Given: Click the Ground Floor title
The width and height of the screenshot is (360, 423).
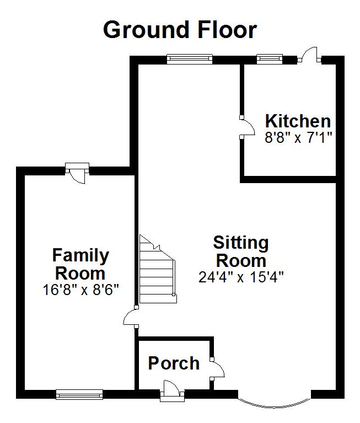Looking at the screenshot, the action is [x=180, y=30].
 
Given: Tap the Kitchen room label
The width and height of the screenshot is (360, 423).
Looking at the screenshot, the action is [x=298, y=121].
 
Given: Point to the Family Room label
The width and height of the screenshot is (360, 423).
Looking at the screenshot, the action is [x=80, y=264].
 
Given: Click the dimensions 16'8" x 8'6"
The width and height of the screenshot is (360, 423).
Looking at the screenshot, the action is [x=80, y=290].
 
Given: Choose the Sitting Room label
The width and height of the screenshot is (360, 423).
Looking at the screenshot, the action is [x=241, y=251].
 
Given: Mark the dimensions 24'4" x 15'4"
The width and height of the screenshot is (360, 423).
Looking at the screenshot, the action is [x=241, y=277].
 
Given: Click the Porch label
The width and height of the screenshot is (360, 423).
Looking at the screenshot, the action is [x=174, y=363].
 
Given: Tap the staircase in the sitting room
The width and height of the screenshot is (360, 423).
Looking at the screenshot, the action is [x=158, y=270].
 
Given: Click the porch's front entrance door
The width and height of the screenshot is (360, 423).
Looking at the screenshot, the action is [x=172, y=390].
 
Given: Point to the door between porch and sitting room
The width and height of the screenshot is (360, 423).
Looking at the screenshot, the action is [x=217, y=369].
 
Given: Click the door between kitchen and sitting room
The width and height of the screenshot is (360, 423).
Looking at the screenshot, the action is [x=247, y=127].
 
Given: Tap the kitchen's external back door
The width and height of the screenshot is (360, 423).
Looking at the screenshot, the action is [x=309, y=55].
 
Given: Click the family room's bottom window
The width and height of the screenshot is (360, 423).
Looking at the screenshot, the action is [x=79, y=394].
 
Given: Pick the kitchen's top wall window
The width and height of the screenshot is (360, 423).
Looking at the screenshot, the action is [x=270, y=59].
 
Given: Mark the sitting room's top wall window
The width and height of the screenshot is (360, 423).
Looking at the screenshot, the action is [x=190, y=59].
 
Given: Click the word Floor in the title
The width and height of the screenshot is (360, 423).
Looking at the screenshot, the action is [x=227, y=30].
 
